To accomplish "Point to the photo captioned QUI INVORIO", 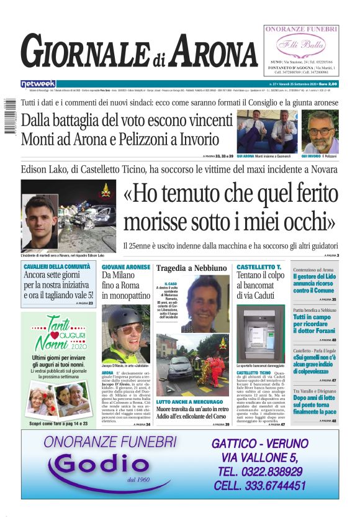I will (320, 131).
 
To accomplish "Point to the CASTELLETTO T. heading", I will (259, 267).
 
